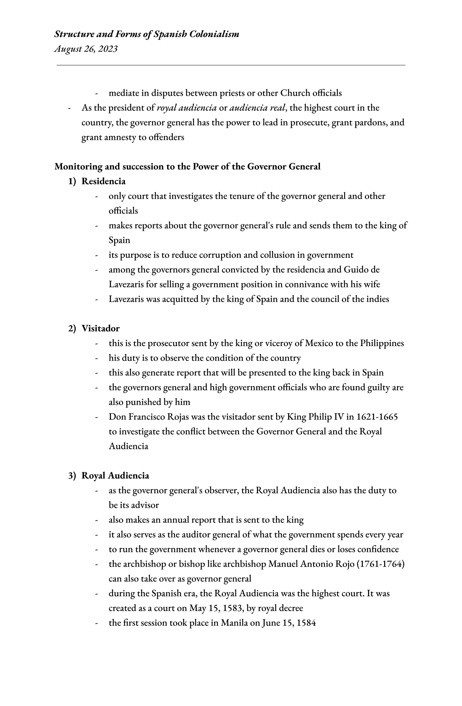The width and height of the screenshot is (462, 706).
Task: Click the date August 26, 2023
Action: pyautogui.click(x=86, y=49)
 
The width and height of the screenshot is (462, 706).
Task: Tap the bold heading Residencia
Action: pyautogui.click(x=103, y=181)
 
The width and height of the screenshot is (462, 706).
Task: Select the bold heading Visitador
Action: pyautogui.click(x=100, y=328)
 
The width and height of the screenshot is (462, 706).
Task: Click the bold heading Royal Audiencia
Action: pyautogui.click(x=115, y=475)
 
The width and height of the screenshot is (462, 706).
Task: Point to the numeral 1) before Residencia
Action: pyautogui.click(x=72, y=181)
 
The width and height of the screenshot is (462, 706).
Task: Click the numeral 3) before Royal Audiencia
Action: pyautogui.click(x=72, y=475)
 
